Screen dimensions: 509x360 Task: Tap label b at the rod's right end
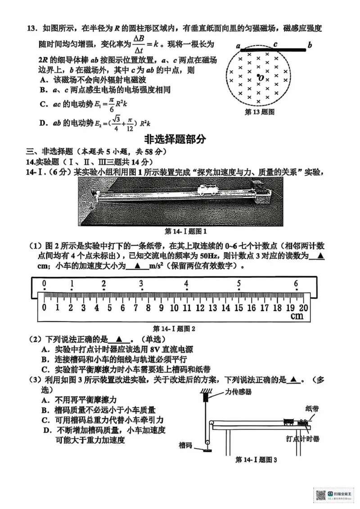310,45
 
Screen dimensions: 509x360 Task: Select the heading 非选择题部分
175,139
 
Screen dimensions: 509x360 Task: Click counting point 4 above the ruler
186,284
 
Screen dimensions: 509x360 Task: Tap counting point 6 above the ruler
296,284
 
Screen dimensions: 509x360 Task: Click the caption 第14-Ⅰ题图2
174,328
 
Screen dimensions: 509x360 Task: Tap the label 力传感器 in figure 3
238,392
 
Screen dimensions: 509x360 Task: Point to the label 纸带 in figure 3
312,408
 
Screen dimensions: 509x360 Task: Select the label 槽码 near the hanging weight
185,446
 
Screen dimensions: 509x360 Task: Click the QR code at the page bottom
321,496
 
